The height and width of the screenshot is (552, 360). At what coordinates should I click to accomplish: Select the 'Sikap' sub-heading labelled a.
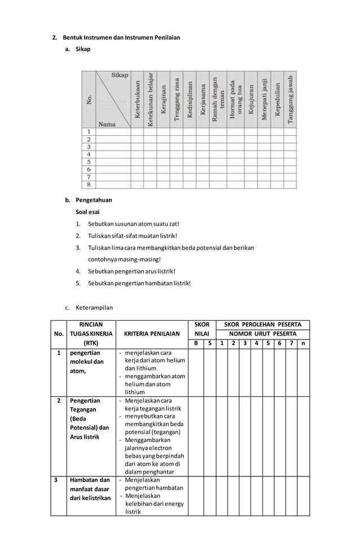(82, 50)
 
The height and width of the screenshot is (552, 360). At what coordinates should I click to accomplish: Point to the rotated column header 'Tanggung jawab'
(290, 99)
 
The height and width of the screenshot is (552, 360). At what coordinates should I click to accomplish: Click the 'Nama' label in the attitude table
(107, 123)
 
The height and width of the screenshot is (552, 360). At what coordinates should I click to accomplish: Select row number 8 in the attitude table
(89, 184)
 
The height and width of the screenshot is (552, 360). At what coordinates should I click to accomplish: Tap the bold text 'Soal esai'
(88, 212)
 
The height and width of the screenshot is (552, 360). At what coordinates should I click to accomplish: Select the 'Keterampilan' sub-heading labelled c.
(94, 308)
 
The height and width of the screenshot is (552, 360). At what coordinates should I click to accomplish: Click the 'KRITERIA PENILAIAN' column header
(151, 333)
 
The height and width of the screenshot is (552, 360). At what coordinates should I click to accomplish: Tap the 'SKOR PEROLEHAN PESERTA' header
(262, 325)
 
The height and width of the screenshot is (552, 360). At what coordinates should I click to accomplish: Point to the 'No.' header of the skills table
(58, 333)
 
